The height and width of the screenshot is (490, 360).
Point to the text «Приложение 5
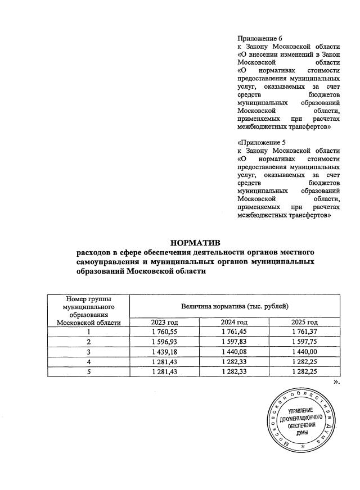point(260,142)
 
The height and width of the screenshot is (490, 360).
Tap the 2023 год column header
point(164,322)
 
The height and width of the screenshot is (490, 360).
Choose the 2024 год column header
point(234,322)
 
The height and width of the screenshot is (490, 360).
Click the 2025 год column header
point(304,322)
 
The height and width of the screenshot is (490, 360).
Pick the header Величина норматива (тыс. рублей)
point(235,306)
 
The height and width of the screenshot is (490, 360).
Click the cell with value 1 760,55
point(164,332)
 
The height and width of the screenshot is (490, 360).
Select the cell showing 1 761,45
point(234,332)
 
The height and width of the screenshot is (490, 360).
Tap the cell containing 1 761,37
point(304,332)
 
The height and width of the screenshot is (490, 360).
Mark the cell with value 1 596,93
point(164,342)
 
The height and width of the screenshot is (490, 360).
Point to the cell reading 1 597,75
point(304,342)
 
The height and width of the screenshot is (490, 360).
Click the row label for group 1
point(88,332)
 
